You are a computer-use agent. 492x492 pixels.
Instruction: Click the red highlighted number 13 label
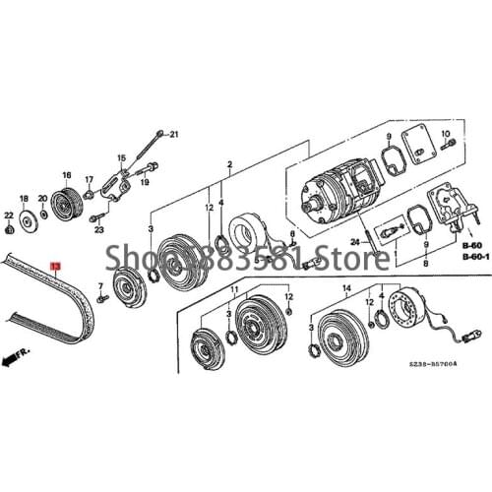(56, 267)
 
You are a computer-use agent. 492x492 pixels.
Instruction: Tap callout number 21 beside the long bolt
(174, 133)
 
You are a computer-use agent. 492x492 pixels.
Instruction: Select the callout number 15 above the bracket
(122, 157)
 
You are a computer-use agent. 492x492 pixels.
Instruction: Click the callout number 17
(88, 180)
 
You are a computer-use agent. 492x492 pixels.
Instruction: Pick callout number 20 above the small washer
(43, 199)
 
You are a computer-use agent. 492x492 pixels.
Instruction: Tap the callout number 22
(8, 215)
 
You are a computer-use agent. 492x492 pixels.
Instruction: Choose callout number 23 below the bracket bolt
(99, 229)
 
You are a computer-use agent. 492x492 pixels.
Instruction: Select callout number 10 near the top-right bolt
(445, 135)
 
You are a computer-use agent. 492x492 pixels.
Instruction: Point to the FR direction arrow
(17, 356)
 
